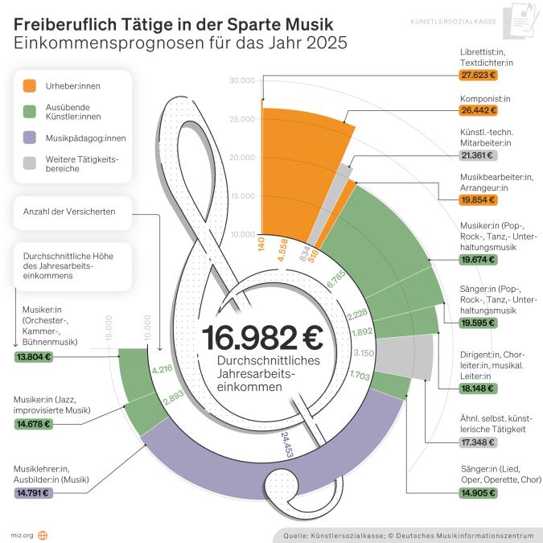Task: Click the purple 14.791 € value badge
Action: click(33, 492)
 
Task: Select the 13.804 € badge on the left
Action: click(33, 357)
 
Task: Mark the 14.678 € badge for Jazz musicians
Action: click(33, 423)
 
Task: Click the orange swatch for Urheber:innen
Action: click(30, 84)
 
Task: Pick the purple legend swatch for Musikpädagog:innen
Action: click(30, 138)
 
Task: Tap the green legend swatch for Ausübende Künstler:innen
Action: click(30, 111)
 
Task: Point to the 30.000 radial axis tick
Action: click(242, 80)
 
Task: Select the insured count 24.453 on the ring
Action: click(288, 445)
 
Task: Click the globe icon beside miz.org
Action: click(43, 534)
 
